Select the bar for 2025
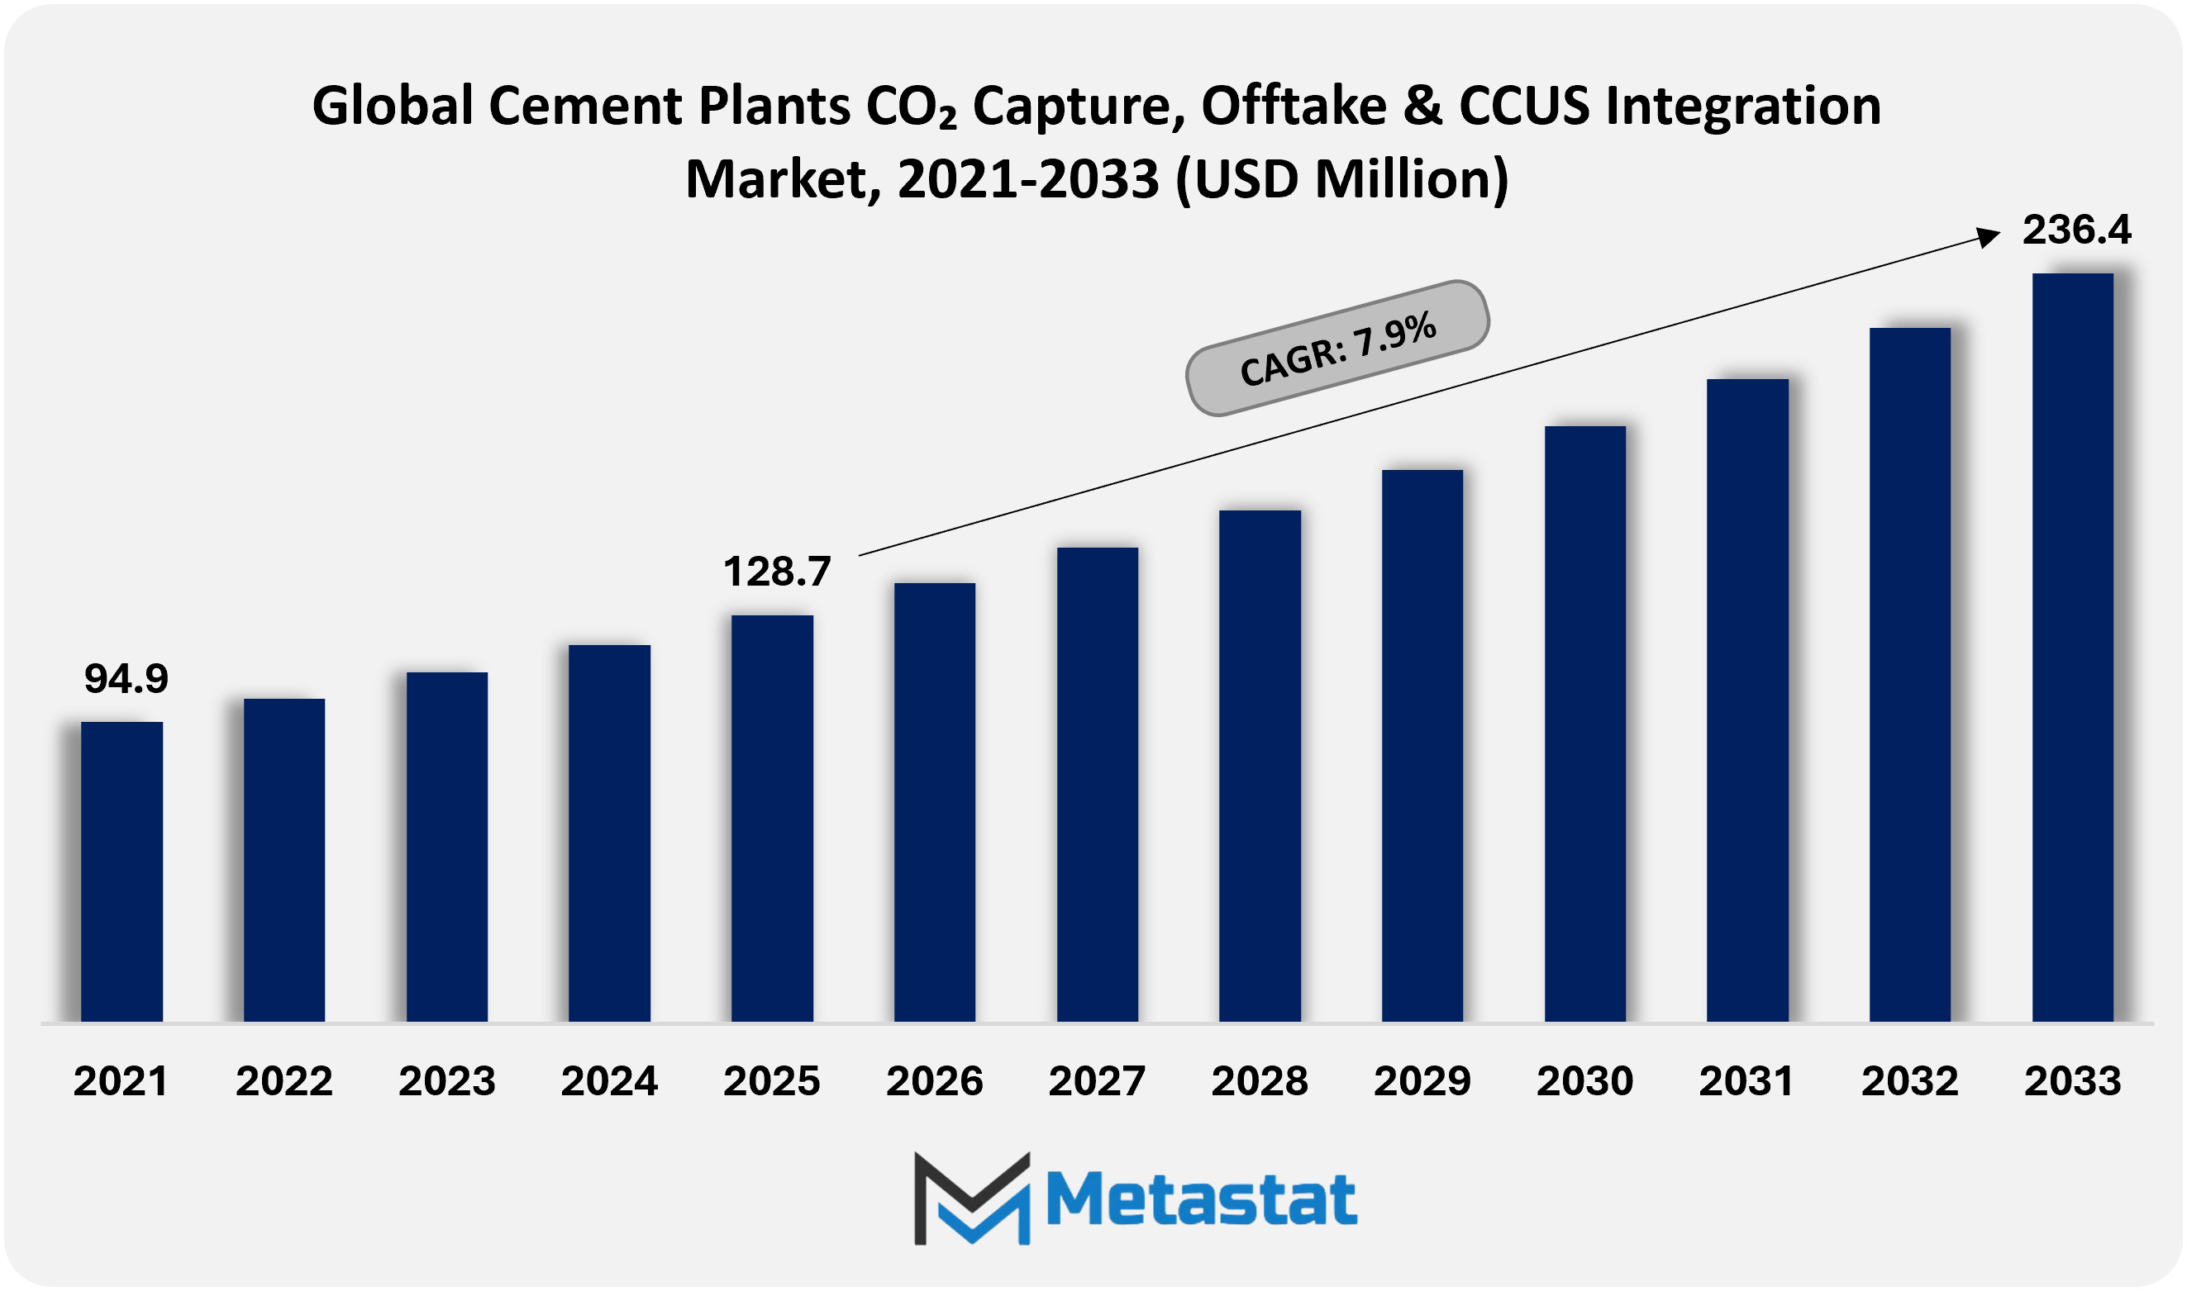[772, 818]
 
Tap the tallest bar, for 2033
[2072, 648]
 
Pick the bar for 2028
[1260, 766]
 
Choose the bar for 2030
[1584, 723]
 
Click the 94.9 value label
[126, 679]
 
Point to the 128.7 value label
[777, 572]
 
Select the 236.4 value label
[2076, 230]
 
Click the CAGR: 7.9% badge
[1337, 348]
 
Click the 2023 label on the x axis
[446, 1081]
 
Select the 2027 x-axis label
[1097, 1081]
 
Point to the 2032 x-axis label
[1909, 1081]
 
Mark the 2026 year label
[934, 1081]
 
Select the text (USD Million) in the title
[1341, 179]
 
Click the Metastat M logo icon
[972, 1198]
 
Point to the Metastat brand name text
[1201, 1199]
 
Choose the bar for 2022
[283, 860]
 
